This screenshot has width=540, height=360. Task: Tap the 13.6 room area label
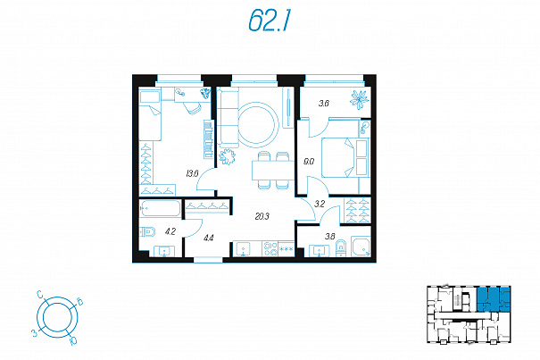192,173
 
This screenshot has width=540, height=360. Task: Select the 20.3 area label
262,216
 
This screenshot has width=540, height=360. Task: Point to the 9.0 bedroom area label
309,161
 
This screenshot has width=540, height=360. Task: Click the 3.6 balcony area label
323,103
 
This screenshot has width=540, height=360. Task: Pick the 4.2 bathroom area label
170,231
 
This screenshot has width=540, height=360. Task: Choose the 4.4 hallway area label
209,238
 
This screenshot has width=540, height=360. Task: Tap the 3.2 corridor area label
320,205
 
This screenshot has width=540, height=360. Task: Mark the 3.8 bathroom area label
329,237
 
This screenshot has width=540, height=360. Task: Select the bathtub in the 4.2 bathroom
160,208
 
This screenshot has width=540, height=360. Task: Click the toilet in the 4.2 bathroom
147,232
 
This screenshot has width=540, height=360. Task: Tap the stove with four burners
270,248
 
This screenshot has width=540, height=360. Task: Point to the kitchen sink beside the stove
244,249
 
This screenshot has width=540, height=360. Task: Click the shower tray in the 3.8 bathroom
361,247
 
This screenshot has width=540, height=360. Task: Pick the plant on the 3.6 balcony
359,100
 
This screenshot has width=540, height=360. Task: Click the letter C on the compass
40,295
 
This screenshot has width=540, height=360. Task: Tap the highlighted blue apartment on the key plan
493,299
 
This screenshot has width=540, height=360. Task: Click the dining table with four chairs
273,171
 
